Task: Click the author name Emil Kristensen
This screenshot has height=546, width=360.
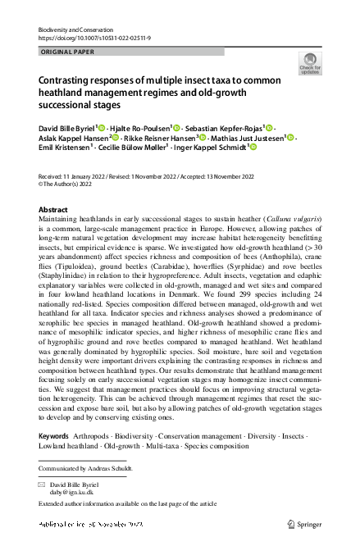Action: point(64,148)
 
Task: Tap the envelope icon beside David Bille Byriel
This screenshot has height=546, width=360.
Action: point(42,485)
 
